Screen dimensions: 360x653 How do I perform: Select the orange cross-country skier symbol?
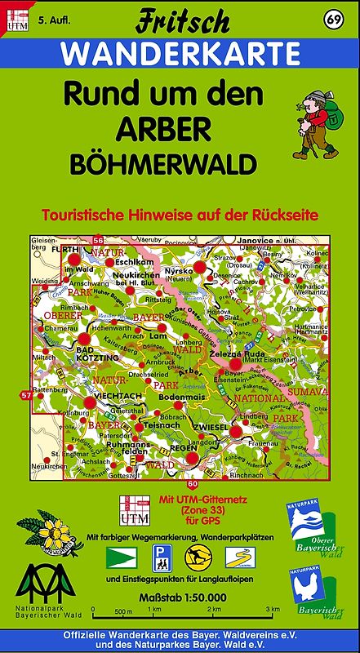tap(195, 557)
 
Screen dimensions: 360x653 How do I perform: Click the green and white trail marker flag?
tap(118, 557)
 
